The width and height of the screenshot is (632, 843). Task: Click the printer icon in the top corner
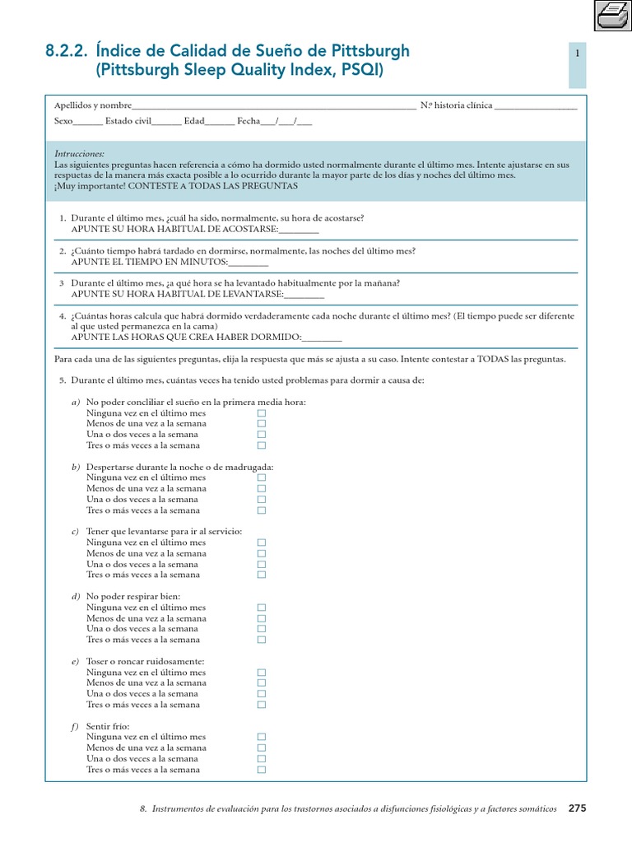(611, 15)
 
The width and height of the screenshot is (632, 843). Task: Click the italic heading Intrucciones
(79, 154)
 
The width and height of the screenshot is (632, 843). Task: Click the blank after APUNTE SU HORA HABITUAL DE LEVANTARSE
(304, 294)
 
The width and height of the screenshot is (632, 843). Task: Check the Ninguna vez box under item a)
(262, 412)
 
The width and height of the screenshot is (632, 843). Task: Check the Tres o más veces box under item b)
(262, 510)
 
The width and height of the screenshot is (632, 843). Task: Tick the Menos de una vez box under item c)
(262, 553)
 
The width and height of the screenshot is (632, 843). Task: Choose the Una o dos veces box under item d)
(262, 629)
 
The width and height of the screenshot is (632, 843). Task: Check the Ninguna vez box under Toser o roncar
(262, 673)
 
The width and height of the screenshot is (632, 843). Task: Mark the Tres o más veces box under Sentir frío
(262, 770)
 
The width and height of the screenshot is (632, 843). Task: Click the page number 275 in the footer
(577, 809)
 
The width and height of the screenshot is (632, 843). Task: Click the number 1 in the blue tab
(578, 54)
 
